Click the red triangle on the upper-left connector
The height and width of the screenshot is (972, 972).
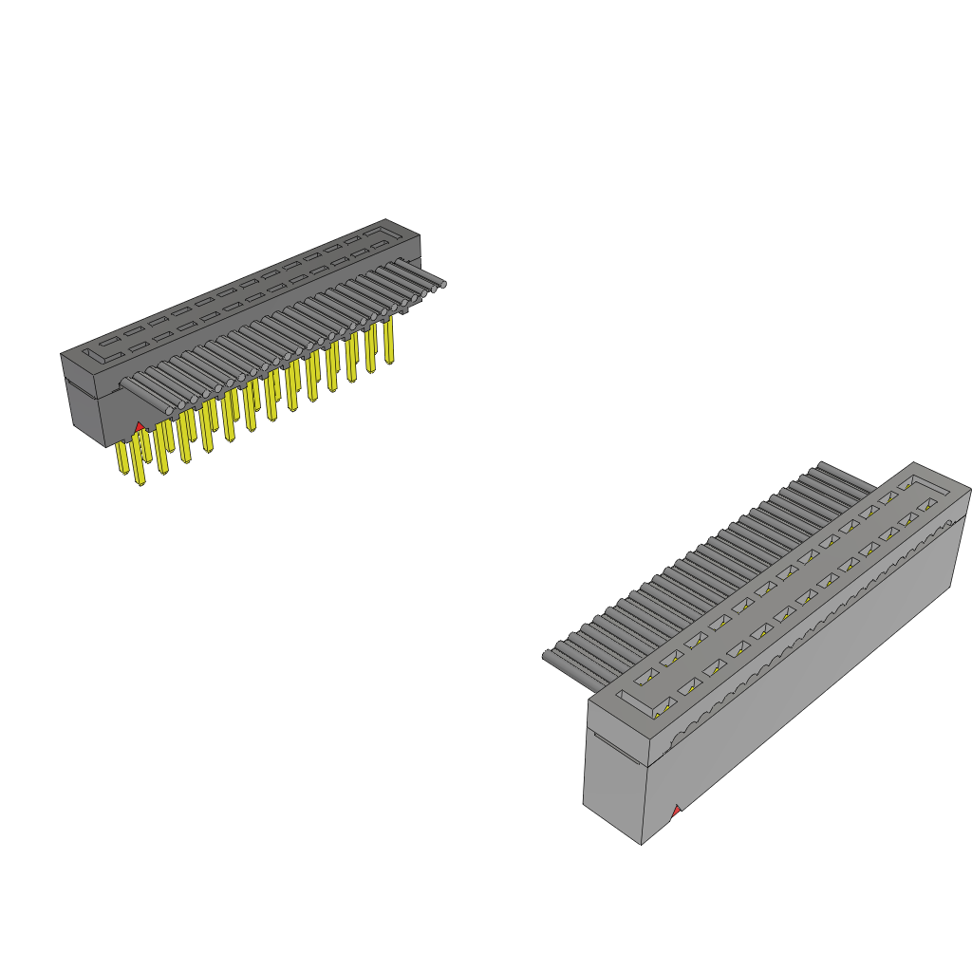tap(140, 428)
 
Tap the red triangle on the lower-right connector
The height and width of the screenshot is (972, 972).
tap(676, 811)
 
